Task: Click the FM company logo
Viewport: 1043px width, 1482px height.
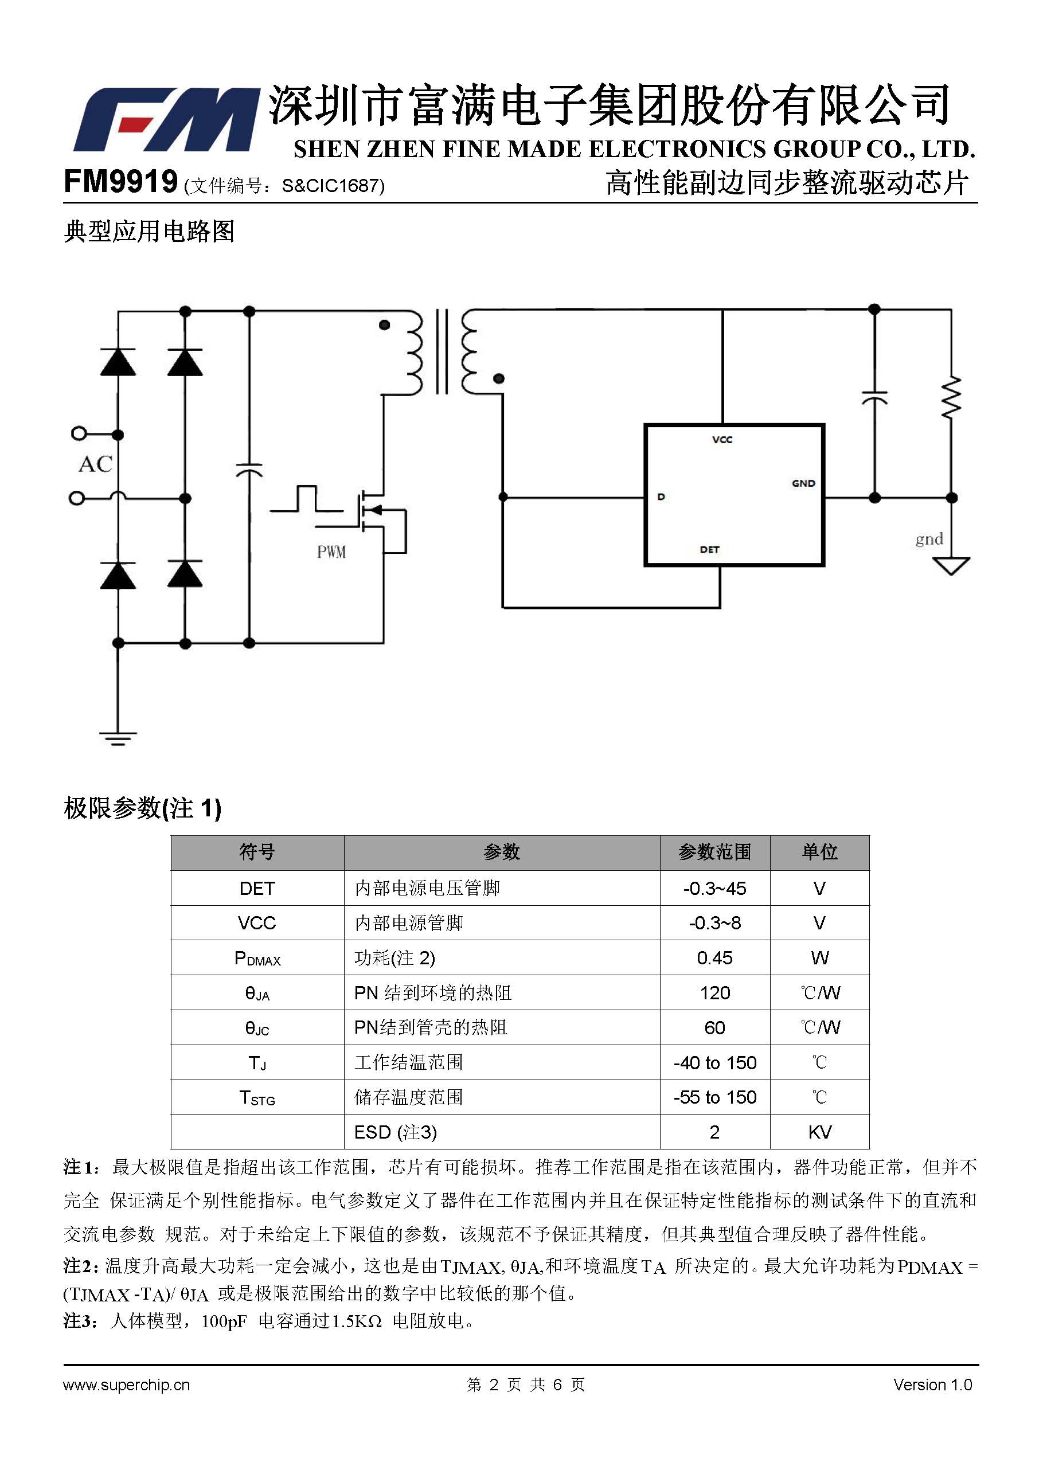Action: tap(166, 120)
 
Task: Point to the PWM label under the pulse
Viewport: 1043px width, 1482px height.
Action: tap(331, 552)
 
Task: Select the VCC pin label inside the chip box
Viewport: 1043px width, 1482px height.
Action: tap(722, 440)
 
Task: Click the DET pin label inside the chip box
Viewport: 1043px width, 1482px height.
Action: tap(709, 550)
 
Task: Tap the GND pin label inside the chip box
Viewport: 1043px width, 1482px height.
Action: tap(803, 483)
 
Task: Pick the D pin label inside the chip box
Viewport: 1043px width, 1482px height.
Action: tap(661, 497)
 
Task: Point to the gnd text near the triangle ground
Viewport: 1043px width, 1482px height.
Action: tap(929, 539)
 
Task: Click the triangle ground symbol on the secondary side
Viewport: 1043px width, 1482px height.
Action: tap(951, 565)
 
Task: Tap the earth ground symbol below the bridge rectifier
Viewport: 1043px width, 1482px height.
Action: tap(118, 738)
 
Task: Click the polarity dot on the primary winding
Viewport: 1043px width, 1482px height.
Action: tap(385, 324)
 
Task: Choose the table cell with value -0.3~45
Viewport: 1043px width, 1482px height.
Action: tap(714, 888)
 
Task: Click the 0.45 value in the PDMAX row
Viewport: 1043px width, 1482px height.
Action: tap(714, 957)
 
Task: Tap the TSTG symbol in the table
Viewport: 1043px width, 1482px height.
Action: tap(257, 1098)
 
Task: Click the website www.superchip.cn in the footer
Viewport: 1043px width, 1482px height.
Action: tap(127, 1385)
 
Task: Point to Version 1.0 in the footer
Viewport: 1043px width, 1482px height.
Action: tap(933, 1385)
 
